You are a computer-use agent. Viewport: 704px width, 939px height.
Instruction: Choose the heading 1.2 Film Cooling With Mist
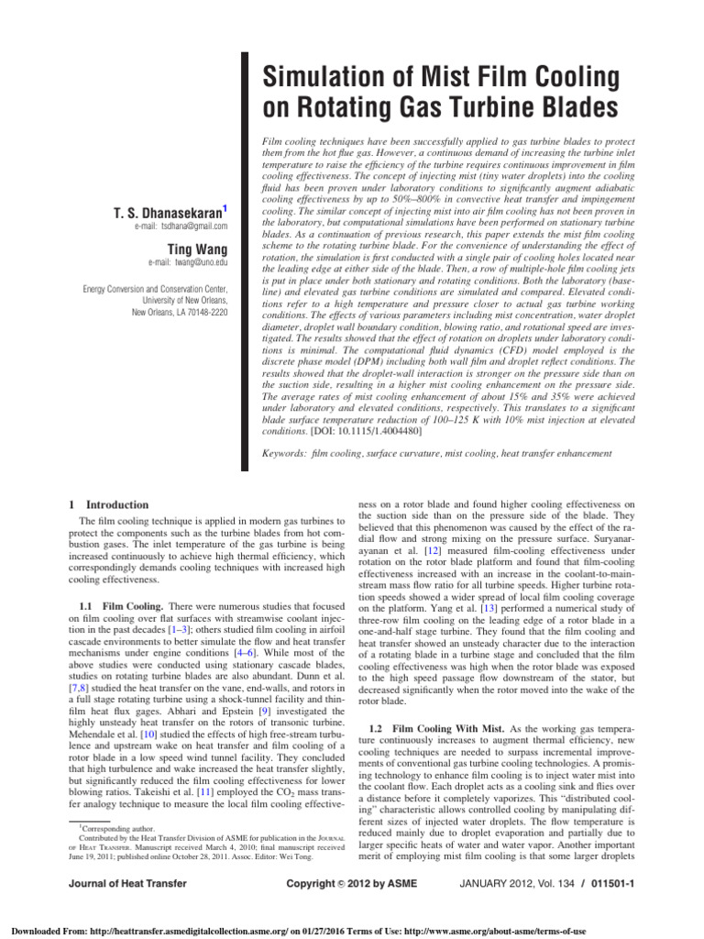pyautogui.click(x=434, y=727)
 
